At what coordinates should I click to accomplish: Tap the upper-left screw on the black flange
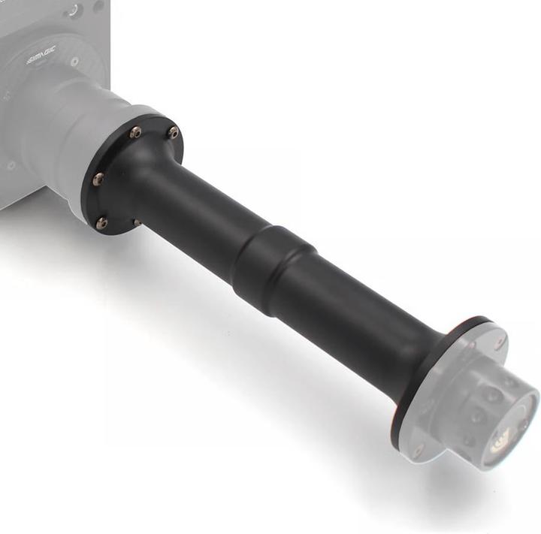135,132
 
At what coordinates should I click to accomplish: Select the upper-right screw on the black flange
174,133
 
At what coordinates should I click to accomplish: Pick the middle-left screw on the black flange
98,179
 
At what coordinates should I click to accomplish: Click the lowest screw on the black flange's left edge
101,222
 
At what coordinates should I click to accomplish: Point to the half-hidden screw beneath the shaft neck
138,222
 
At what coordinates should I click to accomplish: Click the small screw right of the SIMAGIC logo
74,62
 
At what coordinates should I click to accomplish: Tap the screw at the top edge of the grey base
74,11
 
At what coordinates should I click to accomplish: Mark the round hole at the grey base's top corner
99,5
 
